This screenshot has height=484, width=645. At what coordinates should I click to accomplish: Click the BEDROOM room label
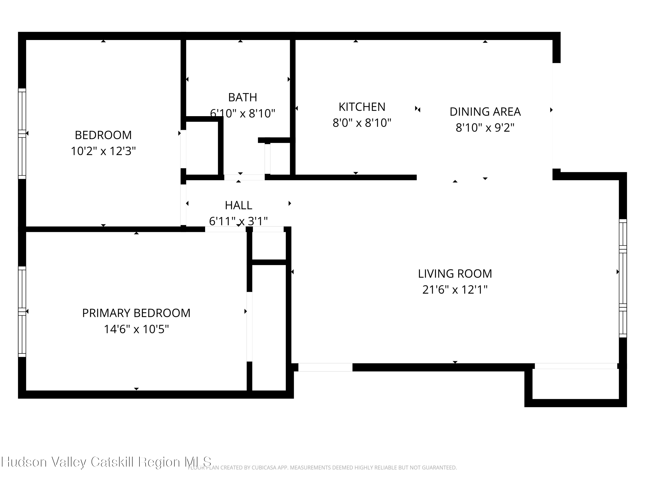(103, 135)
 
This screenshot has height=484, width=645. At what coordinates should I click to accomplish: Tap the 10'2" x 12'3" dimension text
(103, 151)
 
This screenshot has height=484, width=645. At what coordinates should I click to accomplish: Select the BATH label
(242, 97)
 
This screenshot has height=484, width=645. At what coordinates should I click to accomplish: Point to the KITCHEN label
(362, 107)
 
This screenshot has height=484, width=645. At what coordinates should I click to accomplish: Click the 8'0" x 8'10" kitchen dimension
(362, 123)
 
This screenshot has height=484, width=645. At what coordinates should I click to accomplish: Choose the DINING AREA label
(485, 112)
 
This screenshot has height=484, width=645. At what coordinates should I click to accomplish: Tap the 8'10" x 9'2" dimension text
(485, 128)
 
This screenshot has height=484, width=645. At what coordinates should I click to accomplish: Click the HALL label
(238, 205)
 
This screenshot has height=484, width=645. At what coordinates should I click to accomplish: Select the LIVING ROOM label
(455, 274)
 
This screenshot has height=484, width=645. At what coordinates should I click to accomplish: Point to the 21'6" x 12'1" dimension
(455, 290)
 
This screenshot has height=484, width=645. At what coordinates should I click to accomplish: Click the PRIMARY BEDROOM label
(136, 313)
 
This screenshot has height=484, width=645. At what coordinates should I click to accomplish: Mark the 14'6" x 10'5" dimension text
(136, 329)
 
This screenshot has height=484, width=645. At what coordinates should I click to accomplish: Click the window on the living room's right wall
(623, 278)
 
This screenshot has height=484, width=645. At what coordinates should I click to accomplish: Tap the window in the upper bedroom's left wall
(22, 133)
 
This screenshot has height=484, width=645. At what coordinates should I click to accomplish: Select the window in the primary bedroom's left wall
(22, 311)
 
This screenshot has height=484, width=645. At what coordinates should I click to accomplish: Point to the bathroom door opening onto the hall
(244, 177)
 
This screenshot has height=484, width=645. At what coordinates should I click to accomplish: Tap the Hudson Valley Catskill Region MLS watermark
(106, 462)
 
